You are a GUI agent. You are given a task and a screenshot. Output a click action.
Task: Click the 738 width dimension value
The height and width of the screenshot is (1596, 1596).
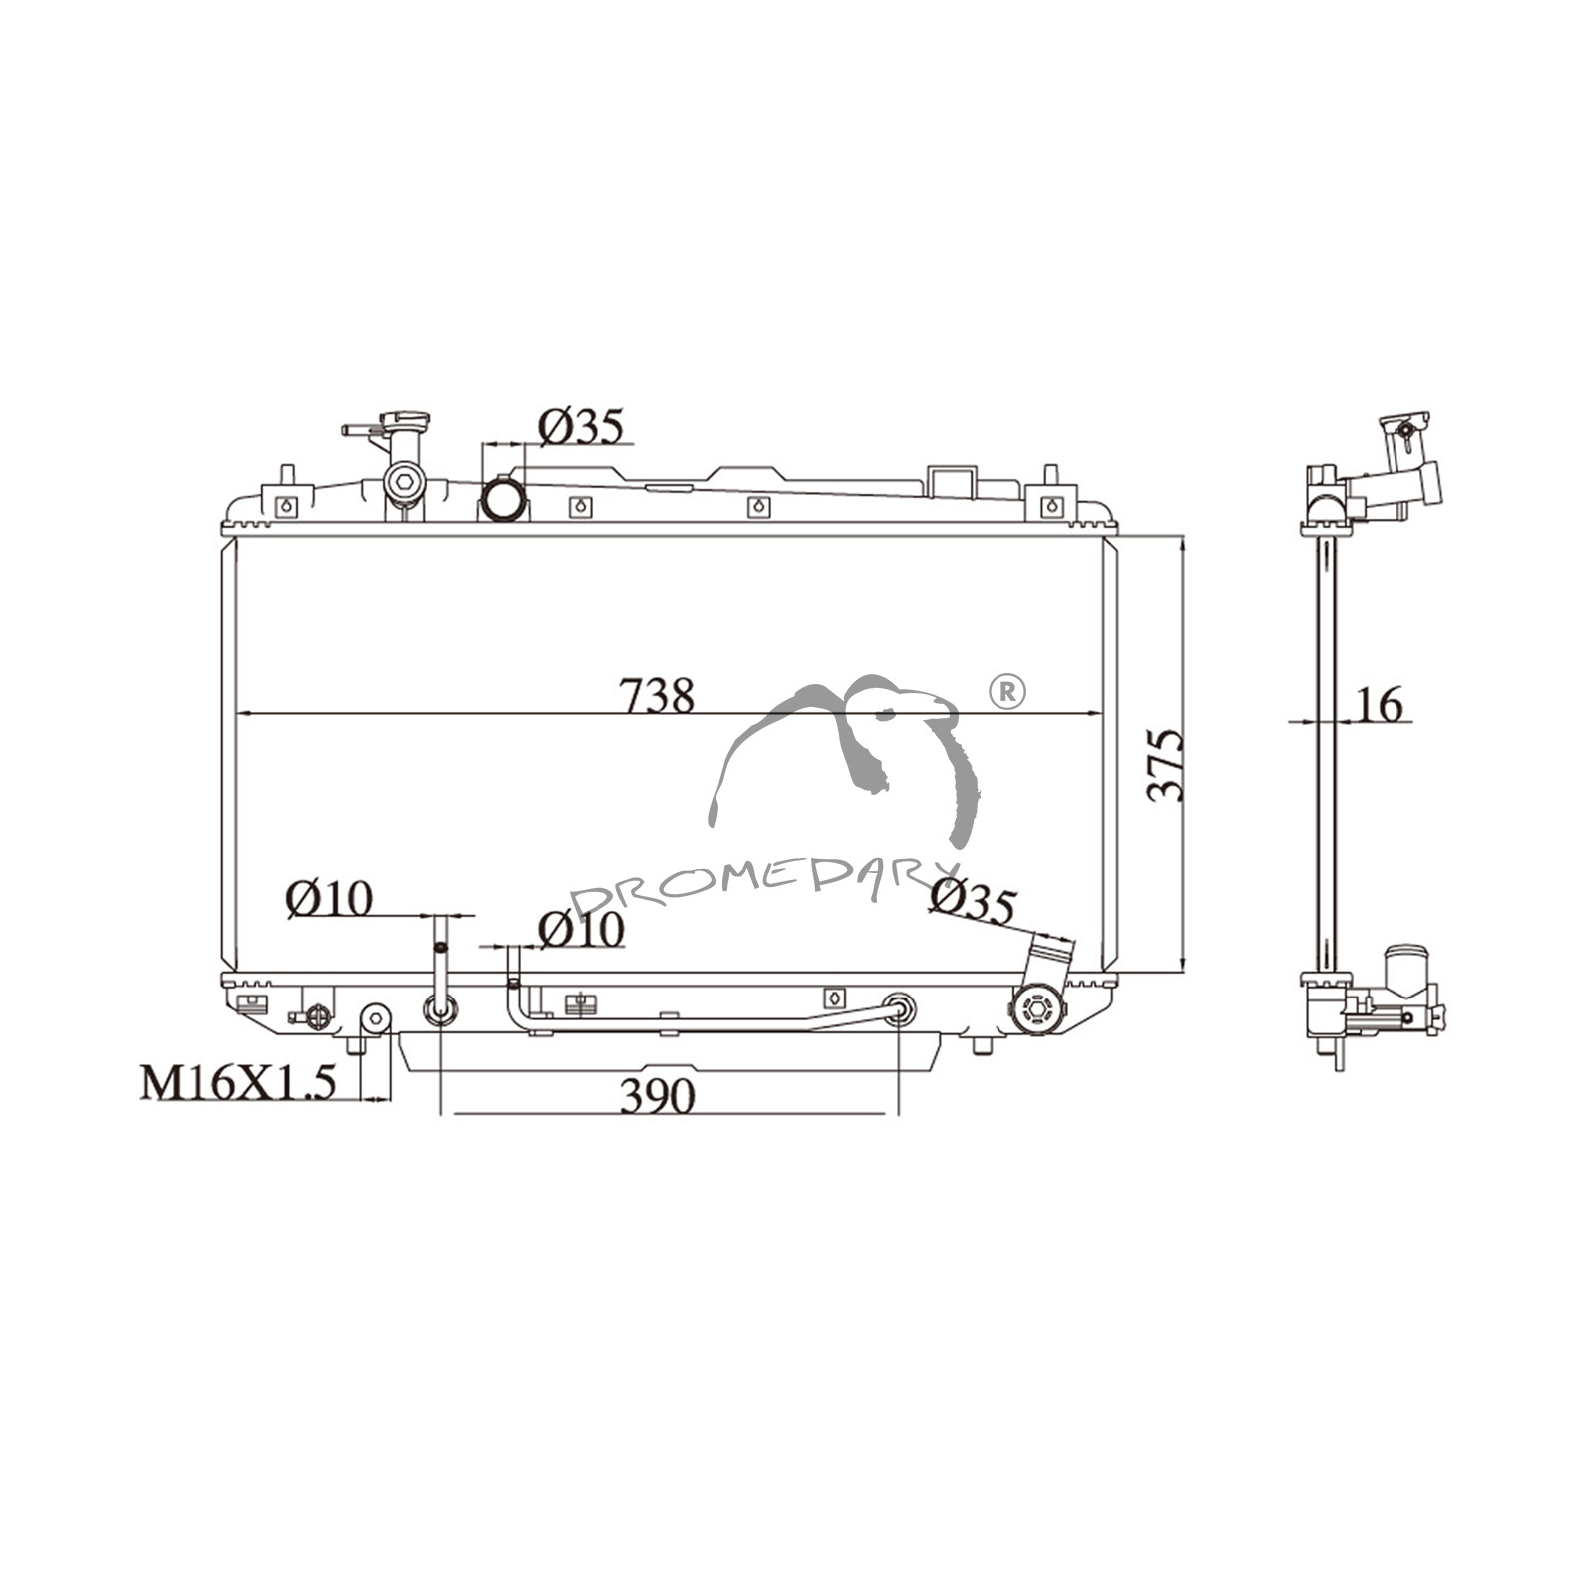[657, 696]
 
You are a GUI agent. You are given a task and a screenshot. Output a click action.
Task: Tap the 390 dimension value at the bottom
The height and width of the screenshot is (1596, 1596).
[657, 1097]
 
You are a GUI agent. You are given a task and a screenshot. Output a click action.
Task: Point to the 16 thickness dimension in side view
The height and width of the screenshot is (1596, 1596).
[1380, 704]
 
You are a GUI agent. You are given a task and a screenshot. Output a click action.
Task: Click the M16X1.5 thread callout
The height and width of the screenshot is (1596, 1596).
[237, 1082]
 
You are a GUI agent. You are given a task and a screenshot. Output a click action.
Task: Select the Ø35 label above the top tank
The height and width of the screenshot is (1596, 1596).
[581, 426]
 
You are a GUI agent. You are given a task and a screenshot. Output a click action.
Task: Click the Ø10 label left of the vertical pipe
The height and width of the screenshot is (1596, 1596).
[329, 899]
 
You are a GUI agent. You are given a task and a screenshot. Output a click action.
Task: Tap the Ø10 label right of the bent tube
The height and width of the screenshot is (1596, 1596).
[581, 930]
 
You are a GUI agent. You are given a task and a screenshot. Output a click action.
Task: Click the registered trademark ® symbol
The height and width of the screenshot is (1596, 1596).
[1006, 691]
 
